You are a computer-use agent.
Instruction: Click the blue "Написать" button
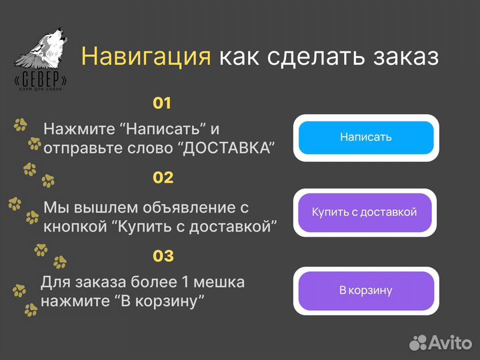(365, 137)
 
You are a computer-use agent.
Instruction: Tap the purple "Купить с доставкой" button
(365, 212)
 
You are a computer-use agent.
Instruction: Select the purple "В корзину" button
(365, 290)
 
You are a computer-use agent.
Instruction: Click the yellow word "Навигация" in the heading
(146, 57)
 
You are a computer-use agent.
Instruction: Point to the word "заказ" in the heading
(404, 57)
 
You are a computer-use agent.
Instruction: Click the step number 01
(162, 103)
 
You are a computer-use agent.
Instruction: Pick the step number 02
(163, 178)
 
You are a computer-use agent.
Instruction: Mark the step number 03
(163, 256)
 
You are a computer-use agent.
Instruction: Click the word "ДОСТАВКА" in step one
(227, 148)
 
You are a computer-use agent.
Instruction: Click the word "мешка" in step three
(221, 282)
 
